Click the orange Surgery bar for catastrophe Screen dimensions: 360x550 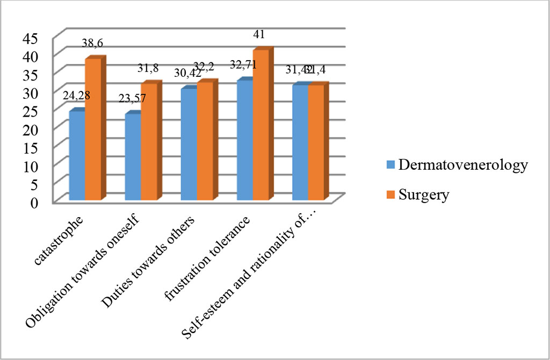point(93,129)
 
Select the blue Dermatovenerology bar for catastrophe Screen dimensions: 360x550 point(77,156)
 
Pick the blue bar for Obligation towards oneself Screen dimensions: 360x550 point(133,157)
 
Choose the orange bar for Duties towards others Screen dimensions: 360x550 point(205,141)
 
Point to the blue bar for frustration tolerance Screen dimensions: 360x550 point(244,140)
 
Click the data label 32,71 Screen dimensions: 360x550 point(243,65)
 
